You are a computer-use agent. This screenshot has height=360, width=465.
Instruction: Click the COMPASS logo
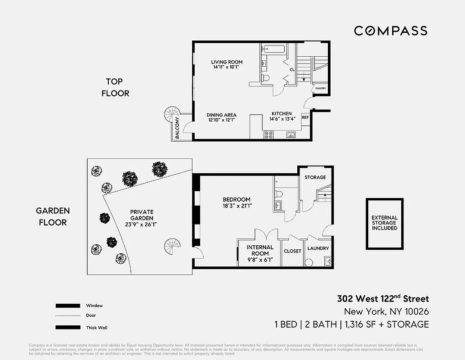point(390,31)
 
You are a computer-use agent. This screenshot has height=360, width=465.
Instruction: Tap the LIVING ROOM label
point(227,62)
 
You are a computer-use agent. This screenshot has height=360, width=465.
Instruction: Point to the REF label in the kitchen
point(305,117)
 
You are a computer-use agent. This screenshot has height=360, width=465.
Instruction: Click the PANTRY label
point(320,89)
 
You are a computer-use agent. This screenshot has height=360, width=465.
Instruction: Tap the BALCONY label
point(178,128)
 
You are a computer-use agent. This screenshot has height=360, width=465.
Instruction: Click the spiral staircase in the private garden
point(172,247)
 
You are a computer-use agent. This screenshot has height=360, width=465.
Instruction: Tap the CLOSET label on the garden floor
point(292,251)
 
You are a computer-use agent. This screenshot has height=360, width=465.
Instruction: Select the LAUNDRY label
point(318,248)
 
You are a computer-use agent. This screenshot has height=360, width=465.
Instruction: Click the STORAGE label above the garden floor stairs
point(315,177)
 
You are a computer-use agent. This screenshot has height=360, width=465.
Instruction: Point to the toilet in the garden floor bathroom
point(279,194)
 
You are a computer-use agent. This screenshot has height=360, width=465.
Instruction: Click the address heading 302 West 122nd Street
point(383,299)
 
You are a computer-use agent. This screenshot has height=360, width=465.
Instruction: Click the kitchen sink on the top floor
point(291,134)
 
